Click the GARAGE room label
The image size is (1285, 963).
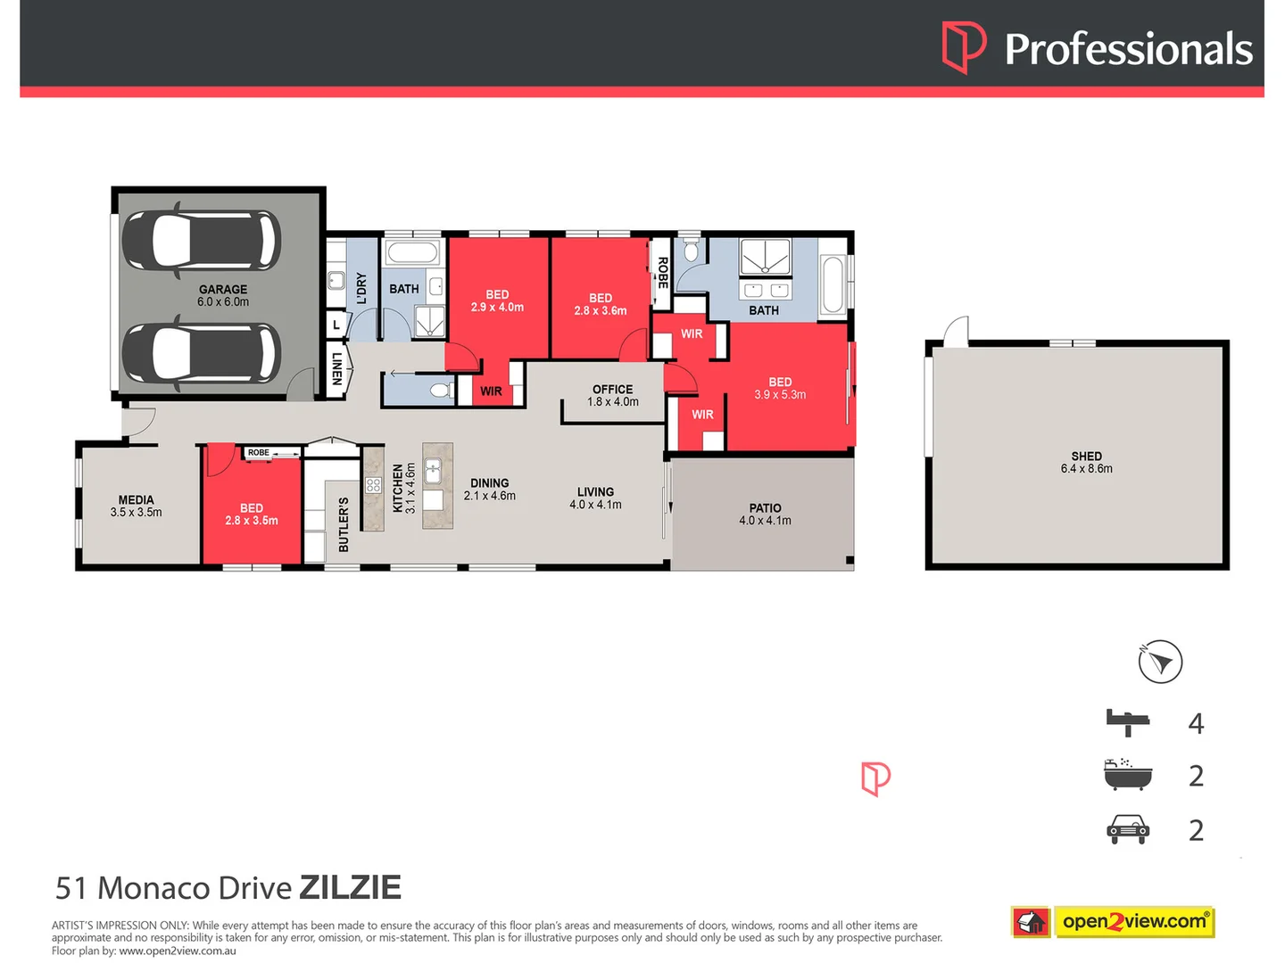pyautogui.click(x=223, y=290)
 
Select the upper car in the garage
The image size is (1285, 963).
pyautogui.click(x=201, y=241)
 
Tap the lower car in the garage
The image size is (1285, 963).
pyautogui.click(x=201, y=353)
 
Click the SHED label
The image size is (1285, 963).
pyautogui.click(x=1086, y=456)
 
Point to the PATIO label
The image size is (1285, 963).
pyautogui.click(x=765, y=508)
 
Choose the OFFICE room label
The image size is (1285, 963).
pyautogui.click(x=612, y=390)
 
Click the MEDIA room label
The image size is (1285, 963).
pyautogui.click(x=136, y=500)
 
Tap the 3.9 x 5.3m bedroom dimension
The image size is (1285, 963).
pyautogui.click(x=780, y=395)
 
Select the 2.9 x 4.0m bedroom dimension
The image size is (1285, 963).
pyautogui.click(x=497, y=308)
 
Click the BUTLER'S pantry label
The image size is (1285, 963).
pyautogui.click(x=344, y=524)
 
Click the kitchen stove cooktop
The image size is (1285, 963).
pyautogui.click(x=373, y=486)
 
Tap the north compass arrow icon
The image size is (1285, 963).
pyautogui.click(x=1160, y=663)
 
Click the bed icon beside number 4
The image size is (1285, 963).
pyautogui.click(x=1128, y=721)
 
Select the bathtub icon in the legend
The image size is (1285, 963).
pyautogui.click(x=1128, y=775)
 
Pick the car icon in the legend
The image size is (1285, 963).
pyautogui.click(x=1128, y=829)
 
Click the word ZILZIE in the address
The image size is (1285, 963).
pyautogui.click(x=350, y=888)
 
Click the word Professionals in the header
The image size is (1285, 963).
pyautogui.click(x=1128, y=49)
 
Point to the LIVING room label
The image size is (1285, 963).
pyautogui.click(x=595, y=492)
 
